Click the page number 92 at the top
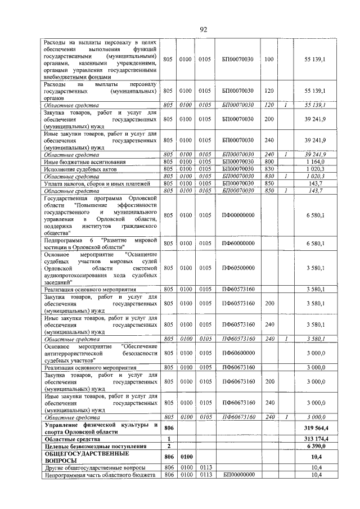click(x=204, y=29)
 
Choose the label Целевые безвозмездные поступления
click(x=92, y=445)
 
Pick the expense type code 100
click(x=268, y=58)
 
